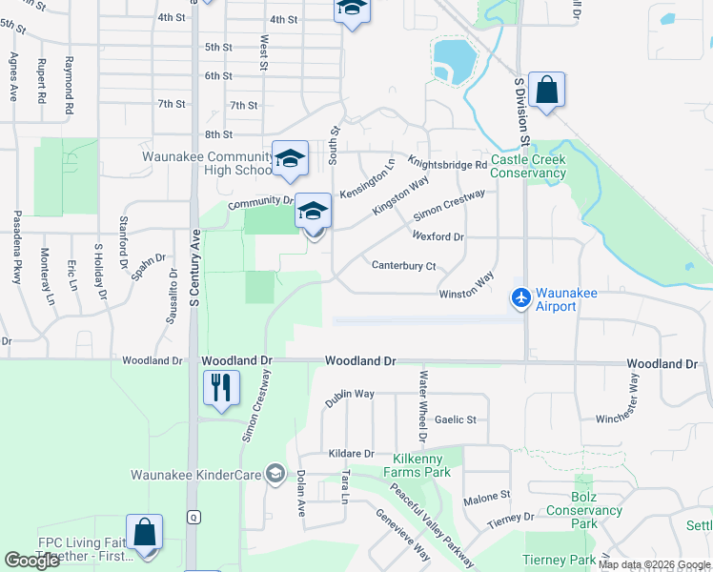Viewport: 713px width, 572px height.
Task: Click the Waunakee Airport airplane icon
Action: pyautogui.click(x=520, y=298)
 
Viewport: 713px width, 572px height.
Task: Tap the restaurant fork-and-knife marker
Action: pyautogui.click(x=221, y=387)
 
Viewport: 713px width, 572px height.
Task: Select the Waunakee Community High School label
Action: pyautogui.click(x=208, y=163)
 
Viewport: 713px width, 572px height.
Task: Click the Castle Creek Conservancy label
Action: pyautogui.click(x=528, y=167)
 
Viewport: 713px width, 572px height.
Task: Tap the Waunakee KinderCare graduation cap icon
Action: pyautogui.click(x=275, y=474)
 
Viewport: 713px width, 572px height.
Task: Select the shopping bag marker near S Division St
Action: pyautogui.click(x=547, y=90)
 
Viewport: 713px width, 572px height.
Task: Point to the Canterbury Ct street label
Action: pyautogui.click(x=403, y=266)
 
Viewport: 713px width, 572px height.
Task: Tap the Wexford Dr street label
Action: pyautogui.click(x=438, y=236)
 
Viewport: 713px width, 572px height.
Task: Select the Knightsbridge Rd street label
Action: pyautogui.click(x=447, y=163)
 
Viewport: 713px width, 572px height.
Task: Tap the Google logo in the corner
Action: pyautogui.click(x=32, y=561)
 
